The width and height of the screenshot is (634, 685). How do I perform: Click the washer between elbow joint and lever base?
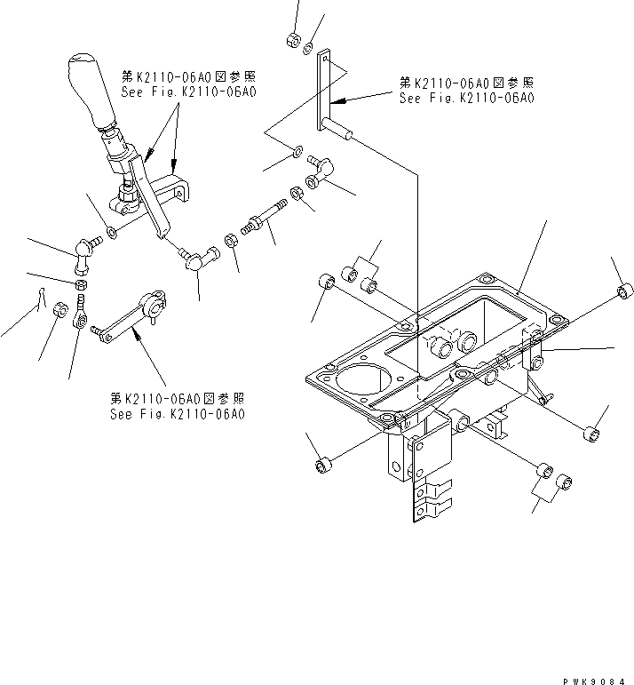tap(111, 233)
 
